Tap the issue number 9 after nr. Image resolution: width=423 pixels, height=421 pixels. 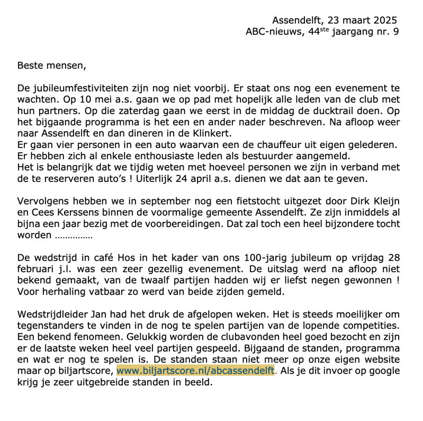click(x=395, y=32)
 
